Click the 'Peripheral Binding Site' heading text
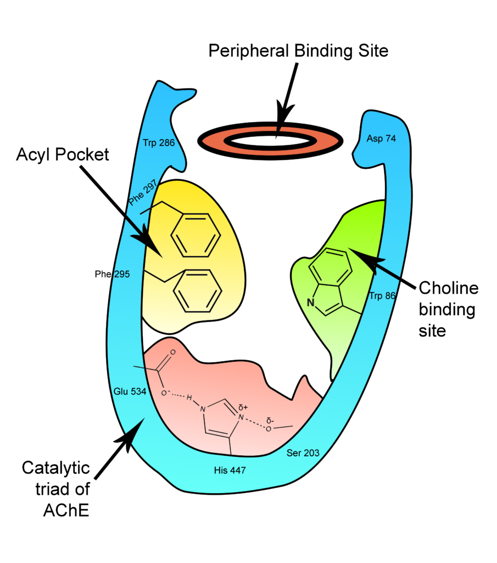pyautogui.click(x=298, y=51)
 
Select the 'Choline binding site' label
pyautogui.click(x=448, y=309)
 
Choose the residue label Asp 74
pyautogui.click(x=381, y=139)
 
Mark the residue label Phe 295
pyautogui.click(x=112, y=273)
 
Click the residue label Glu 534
pyautogui.click(x=130, y=391)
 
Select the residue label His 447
pyautogui.click(x=230, y=471)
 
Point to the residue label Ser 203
pyautogui.click(x=303, y=453)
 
